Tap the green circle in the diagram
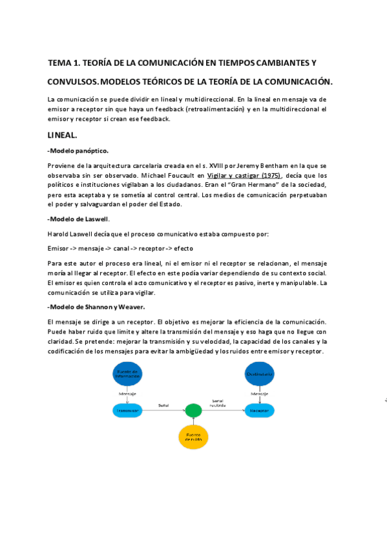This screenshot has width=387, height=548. (x=193, y=410)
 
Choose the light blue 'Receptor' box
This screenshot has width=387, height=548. (x=260, y=410)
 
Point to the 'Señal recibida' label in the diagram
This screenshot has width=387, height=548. (x=218, y=403)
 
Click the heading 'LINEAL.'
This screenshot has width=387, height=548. (x=63, y=136)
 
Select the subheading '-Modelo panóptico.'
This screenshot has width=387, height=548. (x=82, y=151)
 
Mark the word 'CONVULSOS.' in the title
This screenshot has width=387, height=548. (x=74, y=82)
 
